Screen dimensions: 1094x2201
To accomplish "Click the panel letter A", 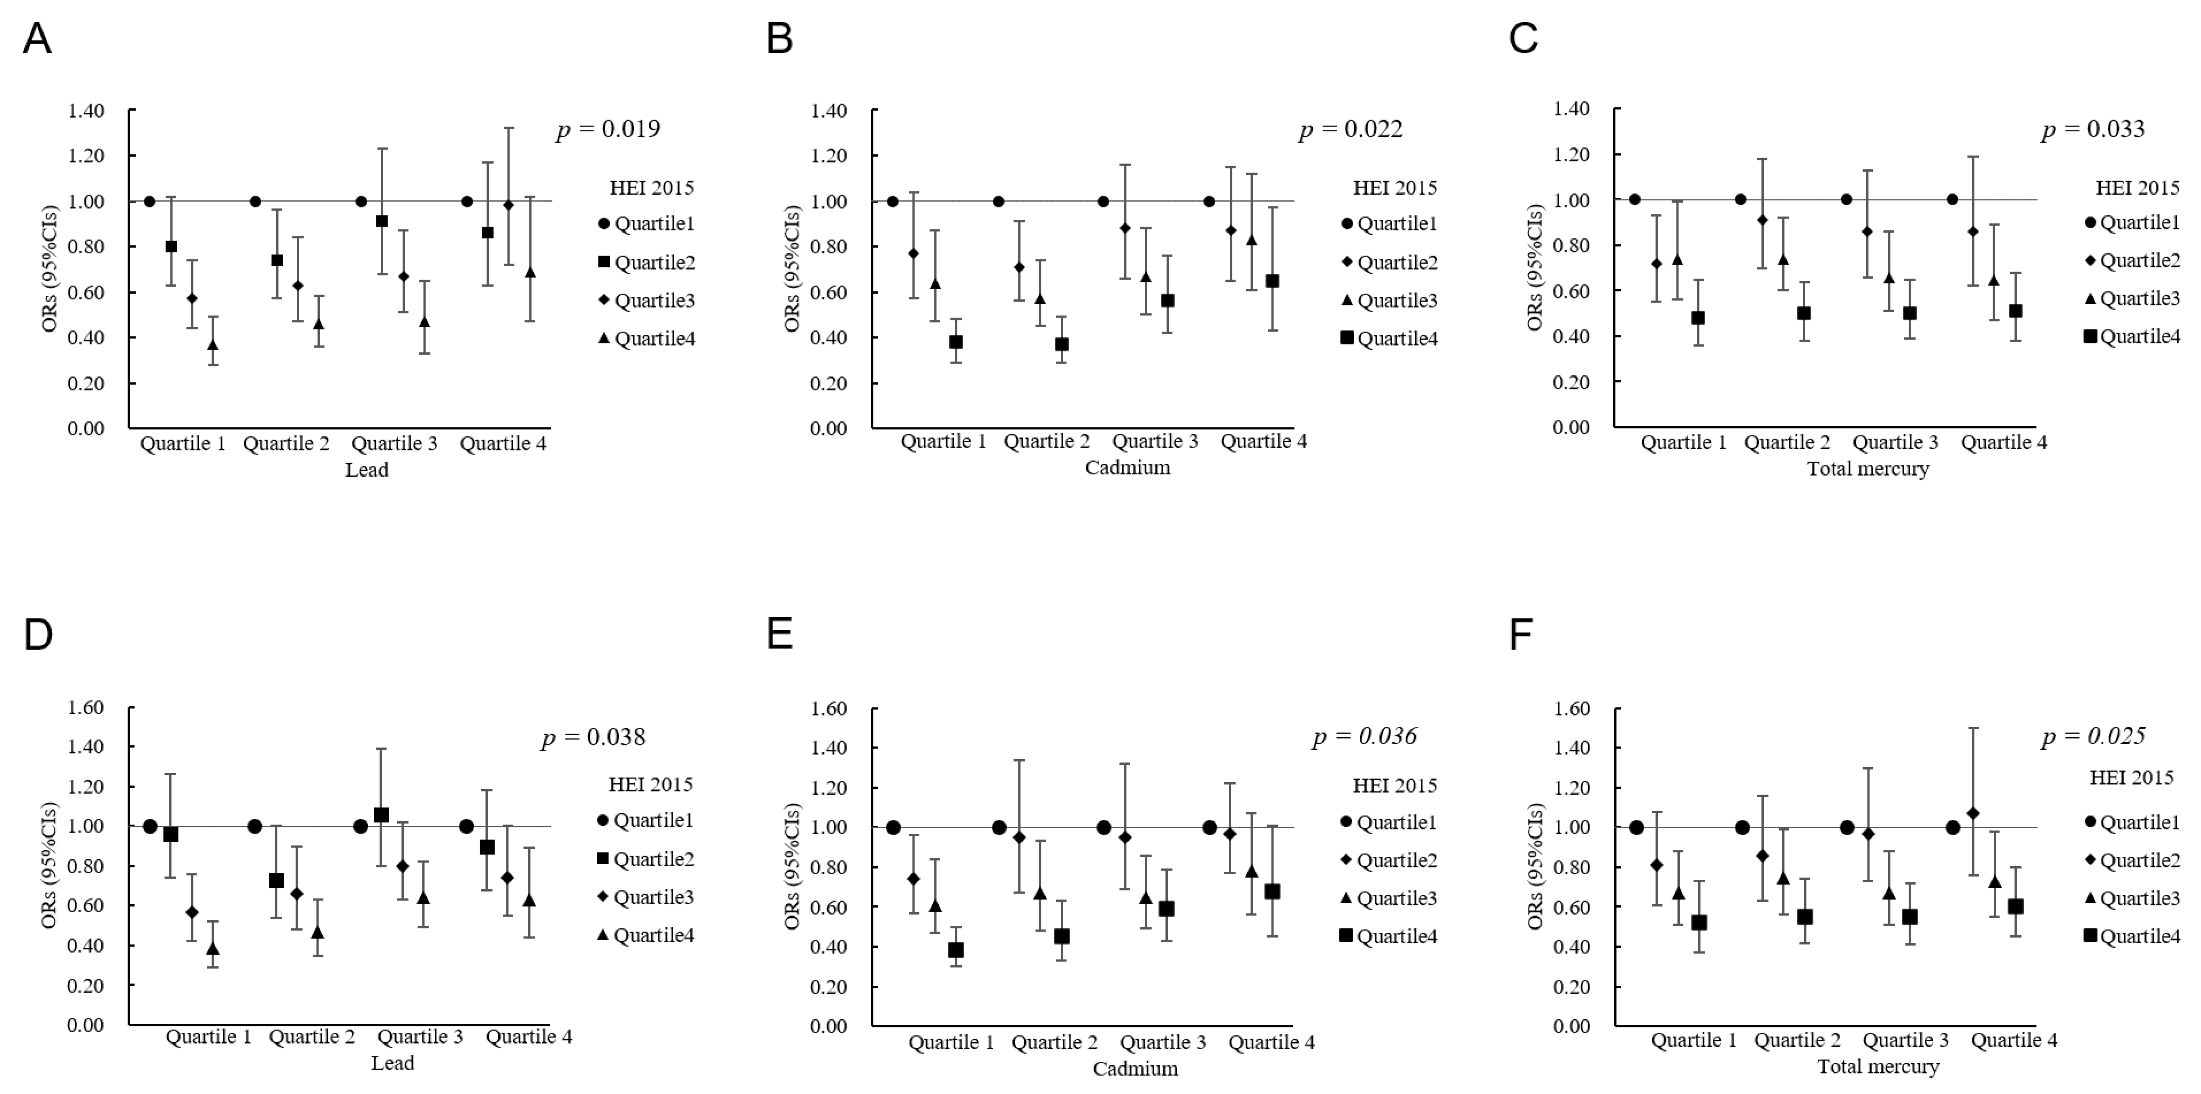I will (x=37, y=39).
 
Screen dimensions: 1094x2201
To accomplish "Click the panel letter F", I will (x=1521, y=635).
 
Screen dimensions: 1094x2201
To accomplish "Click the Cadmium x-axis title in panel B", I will (x=1127, y=467).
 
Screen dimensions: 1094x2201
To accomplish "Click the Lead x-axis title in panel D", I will (x=392, y=1063).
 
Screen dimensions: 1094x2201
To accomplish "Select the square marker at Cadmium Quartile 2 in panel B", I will (x=1061, y=345).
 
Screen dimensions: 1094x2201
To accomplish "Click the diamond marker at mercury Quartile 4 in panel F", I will (x=1973, y=813).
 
